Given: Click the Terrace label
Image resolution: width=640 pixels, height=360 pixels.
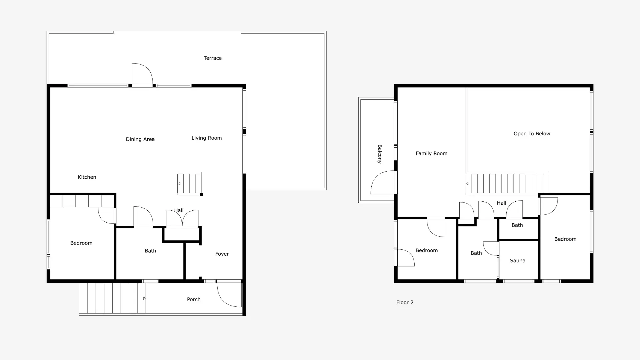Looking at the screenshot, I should [213, 58].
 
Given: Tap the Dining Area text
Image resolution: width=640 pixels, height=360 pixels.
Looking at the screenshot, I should [140, 139].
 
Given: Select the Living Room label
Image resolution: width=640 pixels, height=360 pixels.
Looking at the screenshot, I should [206, 138].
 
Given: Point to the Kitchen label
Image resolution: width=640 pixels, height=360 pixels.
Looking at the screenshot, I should [87, 177].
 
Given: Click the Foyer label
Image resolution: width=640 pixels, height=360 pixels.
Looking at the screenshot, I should [222, 254].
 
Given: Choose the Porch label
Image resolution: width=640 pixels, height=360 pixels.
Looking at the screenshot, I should [194, 299].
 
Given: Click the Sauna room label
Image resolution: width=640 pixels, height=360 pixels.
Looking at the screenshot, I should [517, 261].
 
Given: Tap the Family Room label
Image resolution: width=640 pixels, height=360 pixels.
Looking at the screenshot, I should [431, 154].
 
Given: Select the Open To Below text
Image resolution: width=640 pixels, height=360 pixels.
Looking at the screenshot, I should [532, 134].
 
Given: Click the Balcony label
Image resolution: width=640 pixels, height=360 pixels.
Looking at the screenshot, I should [380, 154].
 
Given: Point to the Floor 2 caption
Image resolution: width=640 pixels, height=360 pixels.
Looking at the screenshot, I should [405, 302].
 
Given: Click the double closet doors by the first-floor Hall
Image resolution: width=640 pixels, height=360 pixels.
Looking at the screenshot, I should [182, 218].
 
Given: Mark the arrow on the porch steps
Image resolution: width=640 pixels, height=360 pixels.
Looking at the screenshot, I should [144, 298].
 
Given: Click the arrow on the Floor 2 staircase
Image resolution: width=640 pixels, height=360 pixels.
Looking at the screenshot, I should [467, 184].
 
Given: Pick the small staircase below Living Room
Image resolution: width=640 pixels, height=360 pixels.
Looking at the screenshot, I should [189, 183].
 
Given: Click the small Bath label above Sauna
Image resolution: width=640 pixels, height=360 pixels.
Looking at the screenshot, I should [517, 225].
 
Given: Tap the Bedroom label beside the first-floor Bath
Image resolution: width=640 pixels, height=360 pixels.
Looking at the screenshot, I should [81, 243].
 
